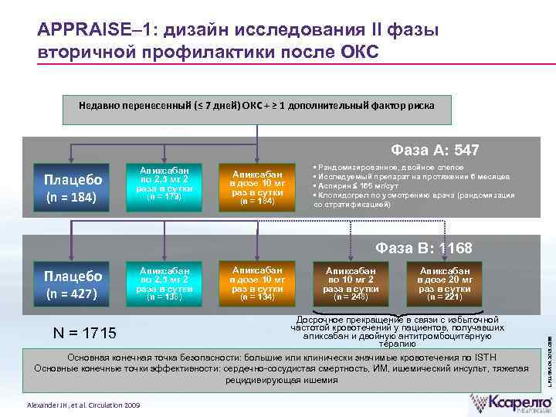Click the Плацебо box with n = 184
point(73,187)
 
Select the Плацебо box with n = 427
point(73,284)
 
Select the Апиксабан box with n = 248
point(351,284)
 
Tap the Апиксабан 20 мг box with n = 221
point(444,284)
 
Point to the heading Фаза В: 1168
point(424,249)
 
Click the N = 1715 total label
point(84,334)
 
